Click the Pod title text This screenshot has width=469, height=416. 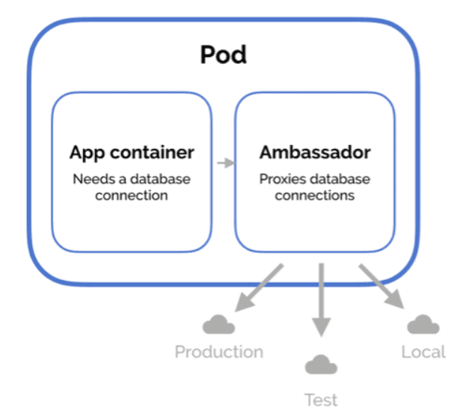pyautogui.click(x=223, y=55)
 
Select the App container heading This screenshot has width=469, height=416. pyautogui.click(x=132, y=153)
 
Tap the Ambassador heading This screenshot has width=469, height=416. pyautogui.click(x=315, y=153)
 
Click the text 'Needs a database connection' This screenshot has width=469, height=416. pyautogui.click(x=132, y=187)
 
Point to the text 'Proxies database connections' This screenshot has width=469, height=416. pyautogui.click(x=315, y=187)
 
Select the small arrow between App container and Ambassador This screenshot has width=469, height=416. pyautogui.click(x=224, y=162)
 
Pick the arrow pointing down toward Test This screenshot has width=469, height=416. pyautogui.click(x=321, y=300)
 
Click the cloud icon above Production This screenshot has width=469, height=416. pyautogui.click(x=218, y=325)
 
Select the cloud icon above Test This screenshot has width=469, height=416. pyautogui.click(x=321, y=364)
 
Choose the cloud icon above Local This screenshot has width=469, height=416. pyautogui.click(x=423, y=324)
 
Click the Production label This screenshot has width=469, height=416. pyautogui.click(x=218, y=352)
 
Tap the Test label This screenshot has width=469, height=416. pyautogui.click(x=321, y=400)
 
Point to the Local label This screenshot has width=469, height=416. pyautogui.click(x=423, y=352)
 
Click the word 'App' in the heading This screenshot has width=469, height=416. pyautogui.click(x=86, y=153)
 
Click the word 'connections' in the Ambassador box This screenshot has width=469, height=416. pyautogui.click(x=315, y=195)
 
